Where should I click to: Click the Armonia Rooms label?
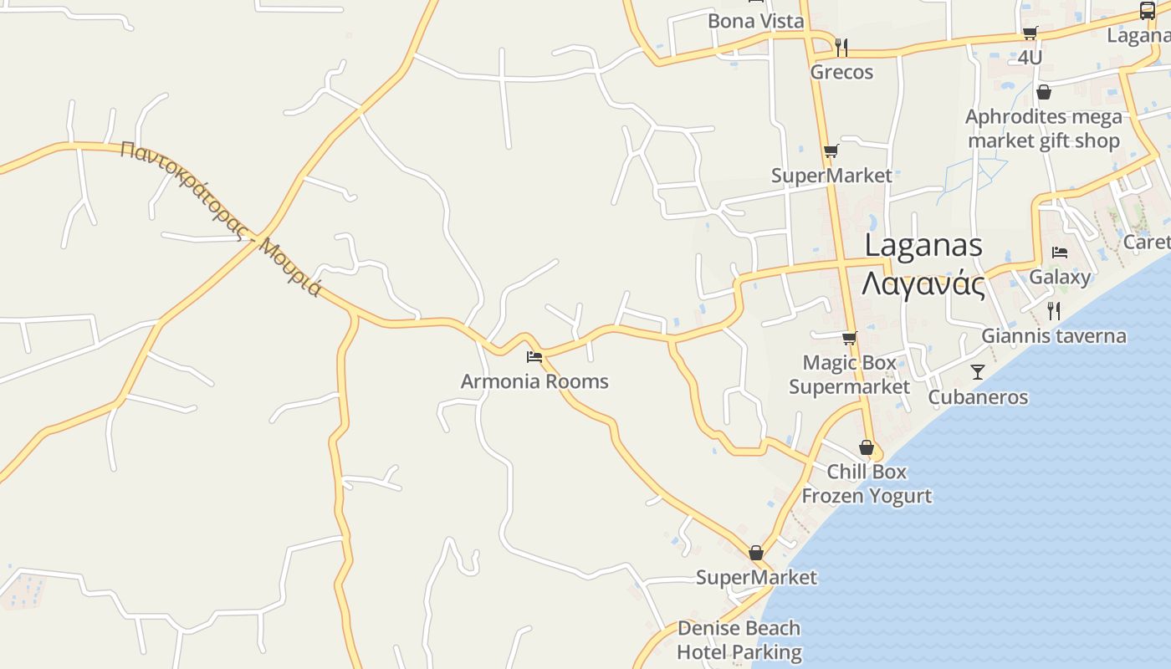(534, 381)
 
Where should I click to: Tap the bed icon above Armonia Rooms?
(534, 357)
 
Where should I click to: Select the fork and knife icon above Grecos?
(841, 47)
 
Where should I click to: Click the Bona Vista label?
(755, 21)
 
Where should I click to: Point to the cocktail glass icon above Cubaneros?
(978, 371)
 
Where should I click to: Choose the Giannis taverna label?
(1053, 336)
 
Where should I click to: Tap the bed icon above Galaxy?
(1060, 252)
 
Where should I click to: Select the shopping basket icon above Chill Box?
(867, 447)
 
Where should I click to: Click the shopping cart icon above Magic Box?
(849, 338)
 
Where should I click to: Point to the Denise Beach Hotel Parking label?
(739, 640)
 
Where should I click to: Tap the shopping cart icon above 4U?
(1030, 33)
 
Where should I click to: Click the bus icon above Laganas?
(1148, 11)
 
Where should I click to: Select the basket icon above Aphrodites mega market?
(1043, 92)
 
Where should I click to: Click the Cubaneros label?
(978, 396)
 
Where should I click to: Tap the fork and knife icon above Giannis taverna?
(1054, 311)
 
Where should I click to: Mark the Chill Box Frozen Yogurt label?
(867, 483)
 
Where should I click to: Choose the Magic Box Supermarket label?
(849, 375)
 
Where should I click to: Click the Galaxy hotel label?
(1060, 277)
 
